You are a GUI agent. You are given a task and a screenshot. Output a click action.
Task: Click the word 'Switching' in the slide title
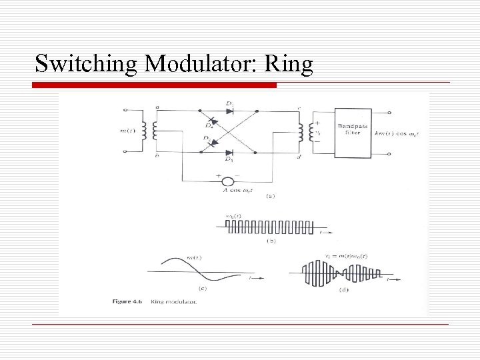[86, 65]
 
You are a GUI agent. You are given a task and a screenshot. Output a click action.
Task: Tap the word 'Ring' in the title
[289, 65]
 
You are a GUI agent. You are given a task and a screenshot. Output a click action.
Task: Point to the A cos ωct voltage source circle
[227, 181]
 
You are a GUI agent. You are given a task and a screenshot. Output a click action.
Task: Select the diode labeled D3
[229, 152]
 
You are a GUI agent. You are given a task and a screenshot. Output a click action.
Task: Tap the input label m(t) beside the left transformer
[129, 131]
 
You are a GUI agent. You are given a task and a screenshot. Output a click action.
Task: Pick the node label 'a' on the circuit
[157, 106]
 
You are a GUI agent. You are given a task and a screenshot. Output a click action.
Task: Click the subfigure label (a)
[271, 196]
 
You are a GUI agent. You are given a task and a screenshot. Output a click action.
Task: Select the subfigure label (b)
[270, 241]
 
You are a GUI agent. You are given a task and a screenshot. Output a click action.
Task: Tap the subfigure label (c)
[204, 288]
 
